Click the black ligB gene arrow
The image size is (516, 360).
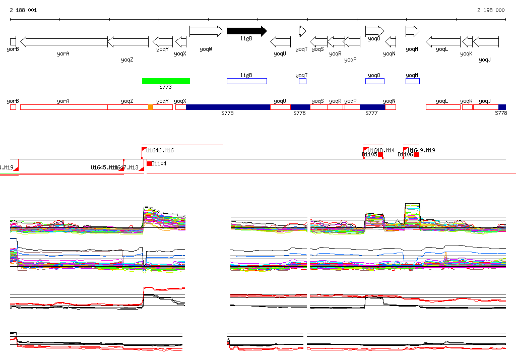(246, 31)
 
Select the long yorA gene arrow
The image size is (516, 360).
(64, 41)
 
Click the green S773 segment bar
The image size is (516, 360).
(166, 81)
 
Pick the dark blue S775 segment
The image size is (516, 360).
(228, 107)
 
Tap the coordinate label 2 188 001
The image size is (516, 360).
(23, 10)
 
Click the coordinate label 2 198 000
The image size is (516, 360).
(491, 10)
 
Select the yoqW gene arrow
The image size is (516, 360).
(206, 31)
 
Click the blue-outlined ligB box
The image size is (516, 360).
(246, 81)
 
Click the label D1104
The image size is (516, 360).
(159, 163)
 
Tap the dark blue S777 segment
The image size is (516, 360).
(372, 107)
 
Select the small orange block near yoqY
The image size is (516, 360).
(150, 107)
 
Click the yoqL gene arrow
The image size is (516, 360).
(443, 41)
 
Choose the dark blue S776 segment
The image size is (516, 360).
(300, 107)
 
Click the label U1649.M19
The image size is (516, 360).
(422, 150)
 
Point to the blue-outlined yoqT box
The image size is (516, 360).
(302, 81)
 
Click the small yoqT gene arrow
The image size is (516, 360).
(302, 31)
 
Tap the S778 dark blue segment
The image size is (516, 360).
(502, 107)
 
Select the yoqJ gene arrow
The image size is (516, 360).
(486, 41)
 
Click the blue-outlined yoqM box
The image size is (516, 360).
(413, 81)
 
